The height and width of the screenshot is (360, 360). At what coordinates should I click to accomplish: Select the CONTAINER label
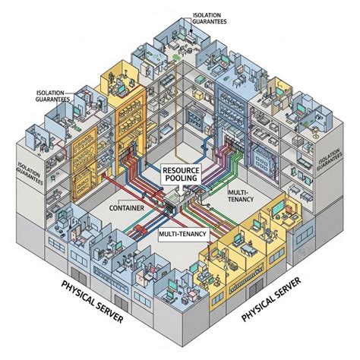point(127,207)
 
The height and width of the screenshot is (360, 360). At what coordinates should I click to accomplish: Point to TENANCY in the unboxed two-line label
point(243,202)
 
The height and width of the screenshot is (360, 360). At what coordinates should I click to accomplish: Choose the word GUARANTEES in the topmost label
point(214,21)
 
